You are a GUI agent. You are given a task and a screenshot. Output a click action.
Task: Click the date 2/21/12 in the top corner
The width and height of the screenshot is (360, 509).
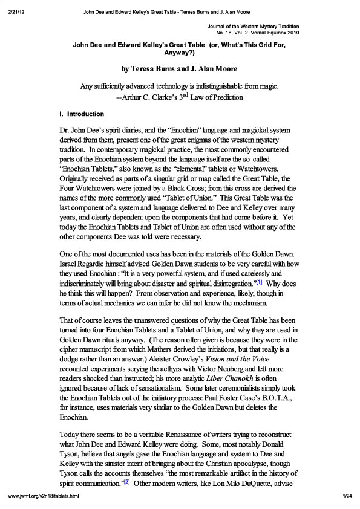tap(16, 11)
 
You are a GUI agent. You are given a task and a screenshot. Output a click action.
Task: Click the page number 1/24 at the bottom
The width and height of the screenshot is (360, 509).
tap(347, 497)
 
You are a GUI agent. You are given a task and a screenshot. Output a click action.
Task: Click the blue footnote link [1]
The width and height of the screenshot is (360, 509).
tap(259, 282)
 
